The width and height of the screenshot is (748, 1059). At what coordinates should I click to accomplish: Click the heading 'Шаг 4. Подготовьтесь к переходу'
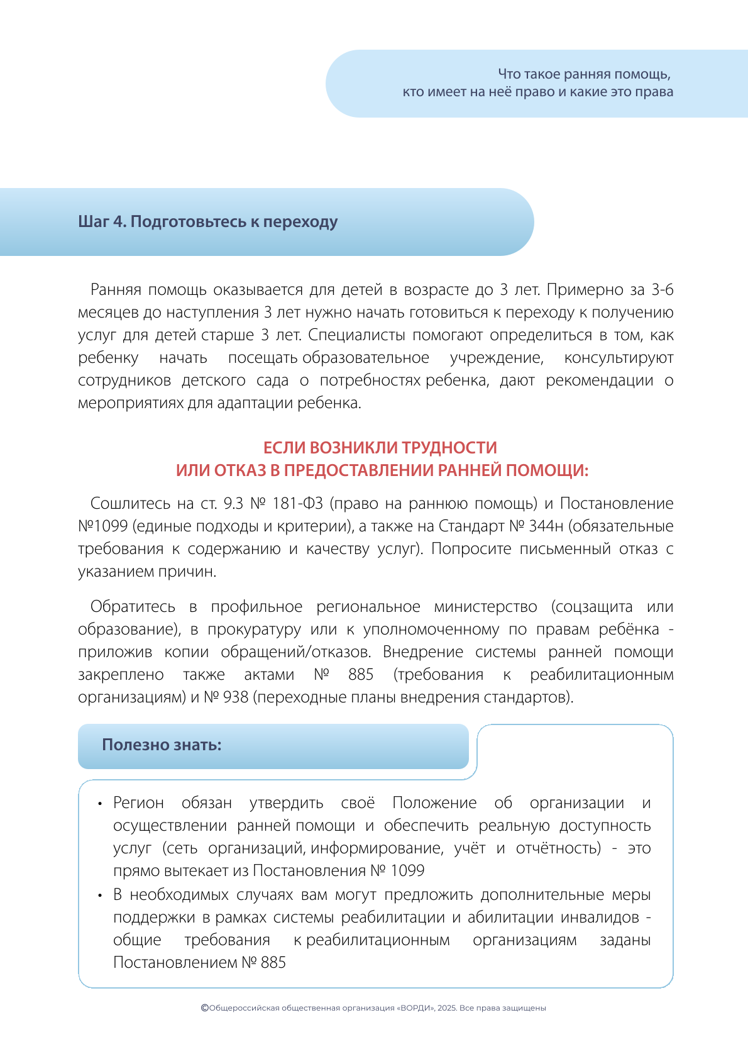tap(208, 222)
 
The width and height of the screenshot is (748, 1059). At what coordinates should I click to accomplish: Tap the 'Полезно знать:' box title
tap(162, 745)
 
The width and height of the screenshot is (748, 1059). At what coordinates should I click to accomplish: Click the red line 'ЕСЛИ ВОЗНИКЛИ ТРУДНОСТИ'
tap(380, 448)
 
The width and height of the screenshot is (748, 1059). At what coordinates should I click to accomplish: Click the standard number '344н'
tap(546, 526)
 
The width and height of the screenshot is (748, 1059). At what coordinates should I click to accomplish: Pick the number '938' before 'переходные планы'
tap(236, 697)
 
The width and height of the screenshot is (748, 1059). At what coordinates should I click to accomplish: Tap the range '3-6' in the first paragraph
tap(662, 290)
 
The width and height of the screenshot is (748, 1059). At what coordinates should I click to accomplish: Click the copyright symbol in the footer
tap(204, 1007)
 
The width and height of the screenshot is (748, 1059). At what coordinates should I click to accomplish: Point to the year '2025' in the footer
tap(446, 1008)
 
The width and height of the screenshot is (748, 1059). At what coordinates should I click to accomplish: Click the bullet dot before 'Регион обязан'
tap(100, 804)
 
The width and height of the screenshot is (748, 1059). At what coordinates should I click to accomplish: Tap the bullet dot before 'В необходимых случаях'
tap(100, 895)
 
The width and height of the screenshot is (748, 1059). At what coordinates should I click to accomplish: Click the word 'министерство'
tap(485, 607)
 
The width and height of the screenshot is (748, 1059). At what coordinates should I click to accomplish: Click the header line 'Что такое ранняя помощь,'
tap(584, 75)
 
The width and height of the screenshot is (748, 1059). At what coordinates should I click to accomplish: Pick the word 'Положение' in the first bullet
tap(434, 803)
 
